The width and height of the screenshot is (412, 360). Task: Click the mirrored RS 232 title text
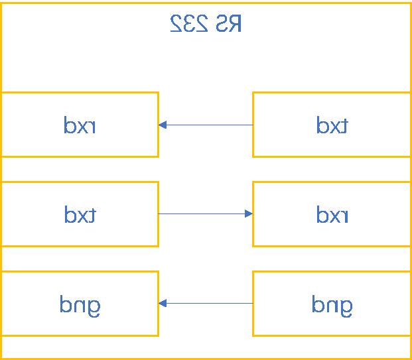tap(206, 23)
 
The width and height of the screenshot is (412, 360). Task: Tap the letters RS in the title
tap(228, 23)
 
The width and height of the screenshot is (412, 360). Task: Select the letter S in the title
tap(222, 23)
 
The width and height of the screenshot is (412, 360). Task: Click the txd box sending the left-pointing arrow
tap(332, 125)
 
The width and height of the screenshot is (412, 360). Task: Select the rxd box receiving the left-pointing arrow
tap(80, 125)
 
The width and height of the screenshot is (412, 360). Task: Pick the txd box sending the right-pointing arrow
tap(80, 214)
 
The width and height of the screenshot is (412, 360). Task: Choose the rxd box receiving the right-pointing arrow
tap(332, 214)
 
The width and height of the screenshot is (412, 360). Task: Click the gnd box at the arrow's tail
tap(332, 304)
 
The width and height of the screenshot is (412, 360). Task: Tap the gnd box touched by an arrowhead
tap(80, 304)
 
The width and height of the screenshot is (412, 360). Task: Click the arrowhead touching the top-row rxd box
tap(163, 125)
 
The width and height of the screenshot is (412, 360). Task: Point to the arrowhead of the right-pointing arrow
tap(249, 213)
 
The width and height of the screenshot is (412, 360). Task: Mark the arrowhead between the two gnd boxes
tap(163, 303)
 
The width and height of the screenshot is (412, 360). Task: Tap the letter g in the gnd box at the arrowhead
tap(94, 306)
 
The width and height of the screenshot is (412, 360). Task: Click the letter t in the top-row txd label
tap(344, 125)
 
